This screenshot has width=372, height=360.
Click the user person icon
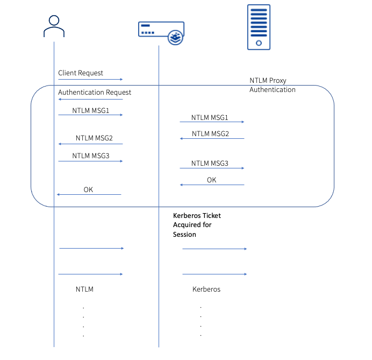point(54,26)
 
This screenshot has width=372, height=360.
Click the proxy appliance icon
point(161,33)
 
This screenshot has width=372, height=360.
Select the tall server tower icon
point(259,27)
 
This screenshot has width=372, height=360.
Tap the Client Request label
point(81,73)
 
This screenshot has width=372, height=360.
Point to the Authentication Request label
point(95,92)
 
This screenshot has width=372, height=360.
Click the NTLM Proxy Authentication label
point(273,85)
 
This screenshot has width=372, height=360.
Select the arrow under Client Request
point(90,79)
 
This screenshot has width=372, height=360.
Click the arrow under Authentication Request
point(90,99)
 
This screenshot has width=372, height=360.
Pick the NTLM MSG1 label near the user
point(91,110)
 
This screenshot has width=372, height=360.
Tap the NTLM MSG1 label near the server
point(210,117)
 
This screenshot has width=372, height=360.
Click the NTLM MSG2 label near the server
point(210,133)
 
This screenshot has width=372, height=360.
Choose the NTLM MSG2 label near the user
point(94,138)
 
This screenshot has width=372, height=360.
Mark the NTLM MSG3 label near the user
point(91,156)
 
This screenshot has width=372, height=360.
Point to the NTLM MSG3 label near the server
point(210,164)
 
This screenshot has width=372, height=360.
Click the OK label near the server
point(212,180)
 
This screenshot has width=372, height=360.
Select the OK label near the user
point(88,189)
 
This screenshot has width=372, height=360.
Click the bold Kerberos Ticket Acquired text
point(197,225)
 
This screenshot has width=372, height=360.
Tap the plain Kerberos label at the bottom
point(206,289)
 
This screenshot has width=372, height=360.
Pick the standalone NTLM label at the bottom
point(84,289)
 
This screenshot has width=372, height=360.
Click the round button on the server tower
point(259,43)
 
